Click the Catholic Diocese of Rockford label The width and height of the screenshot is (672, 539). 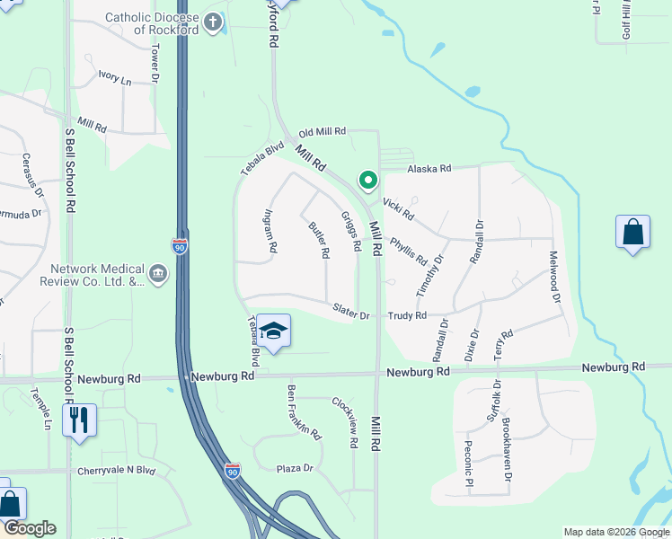[x=152, y=23]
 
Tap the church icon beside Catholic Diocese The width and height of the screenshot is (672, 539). [x=213, y=22]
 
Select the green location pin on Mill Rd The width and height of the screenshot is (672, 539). [x=367, y=181]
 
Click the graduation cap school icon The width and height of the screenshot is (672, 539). [x=274, y=331]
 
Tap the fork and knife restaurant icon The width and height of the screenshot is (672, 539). [x=79, y=420]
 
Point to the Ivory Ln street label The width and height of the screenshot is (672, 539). [x=115, y=80]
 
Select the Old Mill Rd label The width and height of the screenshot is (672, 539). [x=323, y=132]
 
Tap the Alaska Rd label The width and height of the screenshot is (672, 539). [x=429, y=169]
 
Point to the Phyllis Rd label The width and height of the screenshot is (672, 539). [x=409, y=251]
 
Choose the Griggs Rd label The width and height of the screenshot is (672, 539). [x=351, y=232]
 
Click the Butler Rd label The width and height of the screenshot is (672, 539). [x=319, y=241]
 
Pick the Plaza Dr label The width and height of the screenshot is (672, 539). [x=295, y=468]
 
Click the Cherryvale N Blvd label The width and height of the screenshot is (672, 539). [x=117, y=471]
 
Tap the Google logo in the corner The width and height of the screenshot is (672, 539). [x=29, y=528]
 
